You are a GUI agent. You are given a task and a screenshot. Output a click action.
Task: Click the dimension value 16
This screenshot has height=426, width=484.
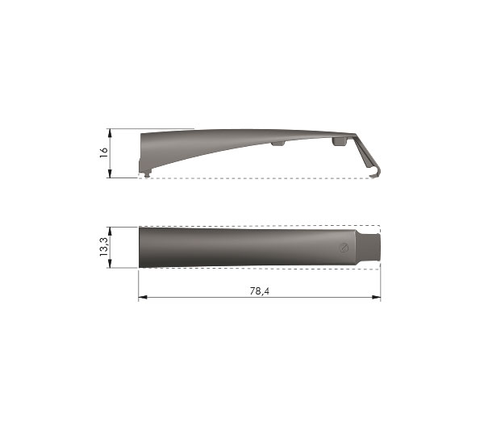pos(104,152)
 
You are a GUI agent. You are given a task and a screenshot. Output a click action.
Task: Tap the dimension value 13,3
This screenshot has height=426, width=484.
pos(104,247)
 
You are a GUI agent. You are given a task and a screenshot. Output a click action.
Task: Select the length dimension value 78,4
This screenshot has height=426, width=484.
pos(259,290)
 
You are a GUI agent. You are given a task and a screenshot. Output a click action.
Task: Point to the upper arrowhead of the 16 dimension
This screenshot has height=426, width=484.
pos(110,133)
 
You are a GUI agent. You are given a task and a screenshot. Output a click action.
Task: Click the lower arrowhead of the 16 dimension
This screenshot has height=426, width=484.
pos(110,173)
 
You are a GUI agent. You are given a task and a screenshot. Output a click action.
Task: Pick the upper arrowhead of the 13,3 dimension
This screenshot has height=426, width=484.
pos(110,232)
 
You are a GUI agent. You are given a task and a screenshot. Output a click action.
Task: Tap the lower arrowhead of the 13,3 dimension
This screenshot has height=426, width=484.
pos(110,264)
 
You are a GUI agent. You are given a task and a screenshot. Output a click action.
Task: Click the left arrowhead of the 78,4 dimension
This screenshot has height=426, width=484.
pos(143,297)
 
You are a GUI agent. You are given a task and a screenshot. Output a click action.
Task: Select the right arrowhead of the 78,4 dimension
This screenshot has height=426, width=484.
pos(376,297)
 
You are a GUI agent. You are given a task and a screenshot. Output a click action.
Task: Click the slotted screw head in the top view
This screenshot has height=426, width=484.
pos(344,248)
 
